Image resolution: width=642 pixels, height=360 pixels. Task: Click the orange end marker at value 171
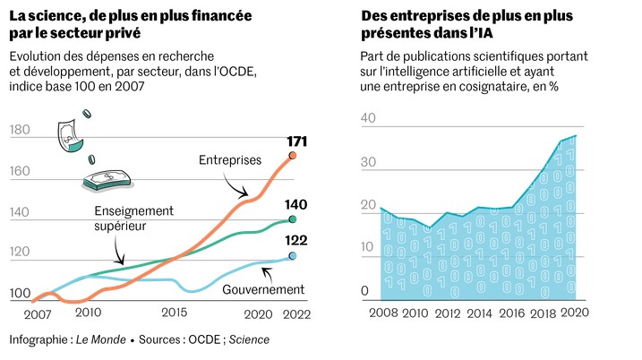[292, 155]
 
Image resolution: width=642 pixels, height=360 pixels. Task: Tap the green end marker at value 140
[292, 219]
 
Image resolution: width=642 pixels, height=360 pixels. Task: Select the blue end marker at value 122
[292, 256]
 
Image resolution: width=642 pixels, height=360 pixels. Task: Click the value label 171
[297, 141]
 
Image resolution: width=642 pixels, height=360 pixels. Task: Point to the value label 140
[297, 205]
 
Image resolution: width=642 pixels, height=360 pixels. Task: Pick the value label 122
[297, 242]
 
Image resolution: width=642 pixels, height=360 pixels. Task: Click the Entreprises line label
[229, 160]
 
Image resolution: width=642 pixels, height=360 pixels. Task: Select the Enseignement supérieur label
[133, 218]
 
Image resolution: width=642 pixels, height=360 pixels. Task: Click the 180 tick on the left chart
[20, 130]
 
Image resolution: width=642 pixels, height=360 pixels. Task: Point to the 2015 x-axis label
[175, 313]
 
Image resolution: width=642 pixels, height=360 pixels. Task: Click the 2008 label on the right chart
[382, 313]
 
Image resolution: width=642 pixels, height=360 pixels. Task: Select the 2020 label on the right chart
[574, 313]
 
